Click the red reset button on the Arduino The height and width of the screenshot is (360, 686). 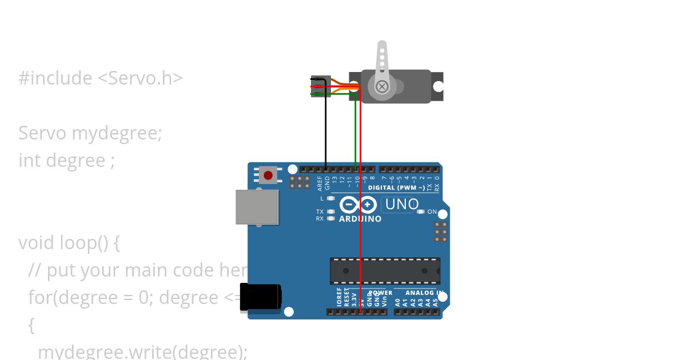(x=267, y=174)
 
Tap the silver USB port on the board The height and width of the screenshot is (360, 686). (x=257, y=207)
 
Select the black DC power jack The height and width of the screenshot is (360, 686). (x=260, y=298)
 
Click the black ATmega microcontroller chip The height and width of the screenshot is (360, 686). (x=385, y=271)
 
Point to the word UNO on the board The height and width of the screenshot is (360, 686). (x=402, y=204)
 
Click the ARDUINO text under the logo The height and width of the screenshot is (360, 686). (x=360, y=219)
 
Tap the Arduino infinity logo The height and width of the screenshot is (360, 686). (x=358, y=205)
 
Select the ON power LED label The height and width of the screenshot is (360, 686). (x=432, y=212)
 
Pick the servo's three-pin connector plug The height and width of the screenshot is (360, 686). (x=320, y=86)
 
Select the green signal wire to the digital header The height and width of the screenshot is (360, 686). (x=356, y=131)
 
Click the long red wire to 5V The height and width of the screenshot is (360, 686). (x=360, y=200)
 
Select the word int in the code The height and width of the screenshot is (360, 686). (x=29, y=161)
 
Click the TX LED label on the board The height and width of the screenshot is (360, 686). (x=320, y=212)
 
